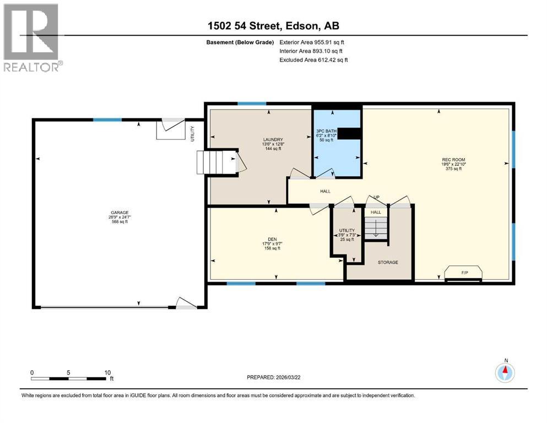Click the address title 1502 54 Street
click(243, 26)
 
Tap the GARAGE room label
click(120, 213)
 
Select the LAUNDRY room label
click(273, 139)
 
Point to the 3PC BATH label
click(326, 131)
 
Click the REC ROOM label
click(453, 160)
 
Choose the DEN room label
click(272, 239)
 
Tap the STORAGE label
click(388, 262)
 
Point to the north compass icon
click(505, 372)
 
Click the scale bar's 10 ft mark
click(107, 373)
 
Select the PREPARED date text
click(273, 377)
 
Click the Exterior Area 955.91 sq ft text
click(312, 42)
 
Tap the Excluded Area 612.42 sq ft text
click(313, 59)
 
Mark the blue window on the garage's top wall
click(107, 120)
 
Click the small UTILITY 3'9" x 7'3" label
click(346, 235)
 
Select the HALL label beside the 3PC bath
click(325, 191)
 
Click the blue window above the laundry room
click(252, 104)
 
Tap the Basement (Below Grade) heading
click(240, 42)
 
